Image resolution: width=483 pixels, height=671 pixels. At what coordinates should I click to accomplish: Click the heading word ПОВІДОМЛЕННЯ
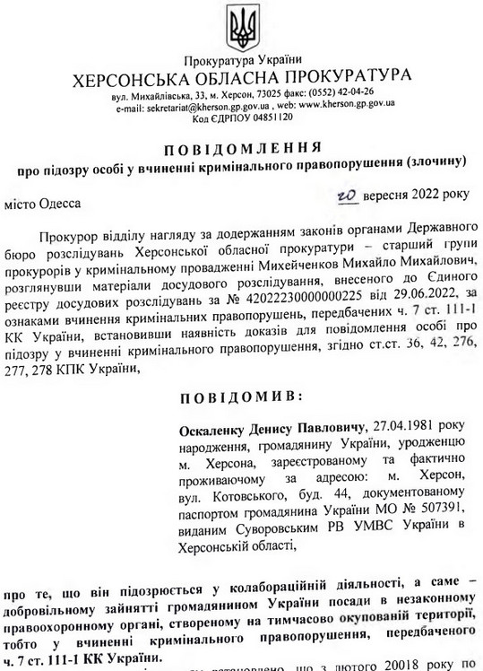[x=241, y=148]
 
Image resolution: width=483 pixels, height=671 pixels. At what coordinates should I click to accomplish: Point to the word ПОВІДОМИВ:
[x=242, y=396]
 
